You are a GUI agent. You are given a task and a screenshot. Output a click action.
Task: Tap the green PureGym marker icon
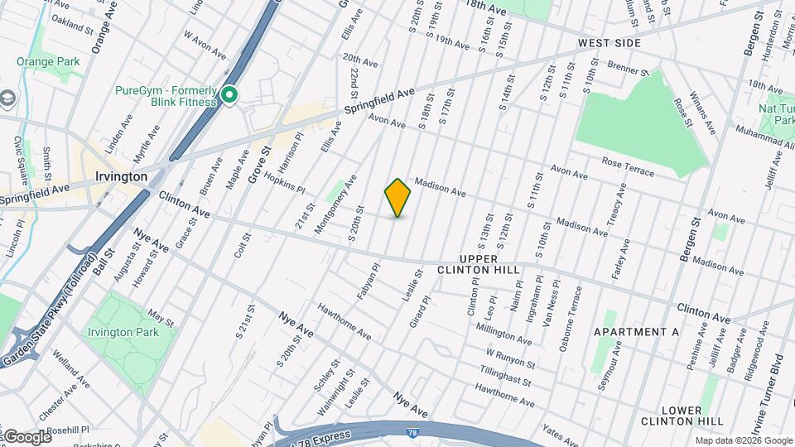pos(229,95)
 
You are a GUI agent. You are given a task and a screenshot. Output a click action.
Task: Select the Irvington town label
pos(121,176)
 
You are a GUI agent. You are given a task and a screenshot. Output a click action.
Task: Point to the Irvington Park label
pos(123,332)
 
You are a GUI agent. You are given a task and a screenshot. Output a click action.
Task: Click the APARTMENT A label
pos(636,332)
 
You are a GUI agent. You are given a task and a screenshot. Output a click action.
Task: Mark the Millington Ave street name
pos(503,334)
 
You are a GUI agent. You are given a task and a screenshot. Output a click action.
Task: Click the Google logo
pos(26,436)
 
